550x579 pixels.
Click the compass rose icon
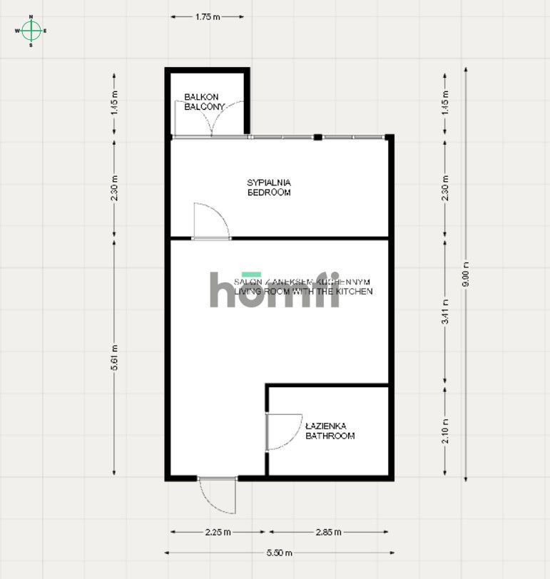pos(31,31)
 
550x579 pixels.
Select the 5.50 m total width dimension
pos(278,553)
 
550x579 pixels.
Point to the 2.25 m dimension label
pos(218,532)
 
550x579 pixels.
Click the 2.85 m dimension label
pos(327,532)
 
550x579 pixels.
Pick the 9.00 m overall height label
pos(466,275)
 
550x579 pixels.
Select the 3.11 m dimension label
pos(446,313)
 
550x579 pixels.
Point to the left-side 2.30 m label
pos(115,188)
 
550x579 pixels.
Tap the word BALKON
pos(201,97)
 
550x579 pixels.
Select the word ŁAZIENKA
pos(326,426)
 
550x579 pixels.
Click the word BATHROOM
pos(330,436)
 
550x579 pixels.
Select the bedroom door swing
pos(211,220)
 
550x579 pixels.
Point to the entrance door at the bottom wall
pos(218,494)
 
